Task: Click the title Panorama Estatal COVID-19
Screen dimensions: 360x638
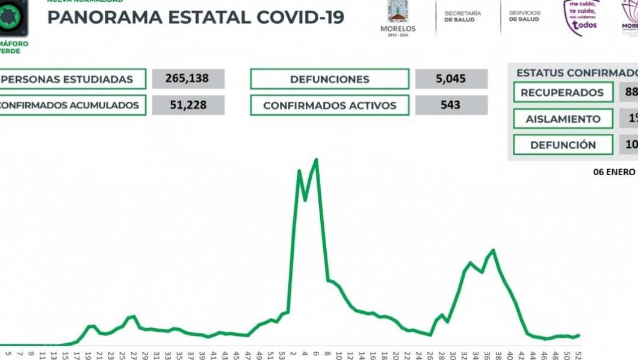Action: [196, 17]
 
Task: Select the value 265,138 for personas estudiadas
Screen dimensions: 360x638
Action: [188, 79]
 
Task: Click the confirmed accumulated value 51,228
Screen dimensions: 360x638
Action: [188, 105]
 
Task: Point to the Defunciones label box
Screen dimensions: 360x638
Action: [329, 79]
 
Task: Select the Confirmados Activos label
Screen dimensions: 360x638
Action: [329, 105]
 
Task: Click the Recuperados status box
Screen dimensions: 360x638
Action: [562, 93]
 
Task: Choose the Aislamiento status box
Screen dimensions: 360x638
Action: [563, 119]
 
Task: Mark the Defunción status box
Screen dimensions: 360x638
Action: [563, 144]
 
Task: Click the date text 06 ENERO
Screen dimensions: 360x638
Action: [614, 171]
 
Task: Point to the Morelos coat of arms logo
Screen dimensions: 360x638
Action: [398, 11]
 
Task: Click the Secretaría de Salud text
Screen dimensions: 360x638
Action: [462, 16]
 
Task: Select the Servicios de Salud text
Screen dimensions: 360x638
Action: [525, 16]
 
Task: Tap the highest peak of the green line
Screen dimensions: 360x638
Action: [317, 160]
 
